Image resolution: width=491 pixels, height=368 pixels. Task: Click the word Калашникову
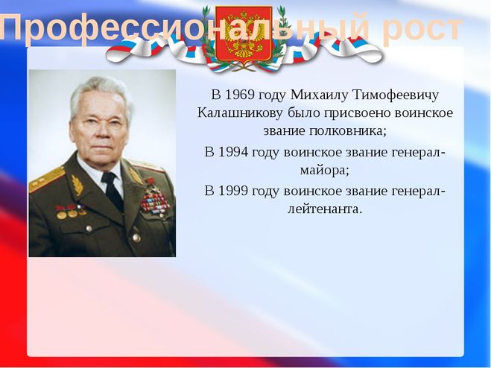240,113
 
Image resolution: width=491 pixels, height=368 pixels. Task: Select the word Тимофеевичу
396,95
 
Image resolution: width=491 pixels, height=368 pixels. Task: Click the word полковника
346,131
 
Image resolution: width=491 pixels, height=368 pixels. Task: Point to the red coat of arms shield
244,34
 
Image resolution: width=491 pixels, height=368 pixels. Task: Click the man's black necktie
111,191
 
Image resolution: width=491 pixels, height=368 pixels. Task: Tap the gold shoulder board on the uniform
47,180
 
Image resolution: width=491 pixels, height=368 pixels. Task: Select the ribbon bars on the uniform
155,201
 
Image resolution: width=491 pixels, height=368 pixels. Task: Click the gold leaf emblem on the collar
77,185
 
